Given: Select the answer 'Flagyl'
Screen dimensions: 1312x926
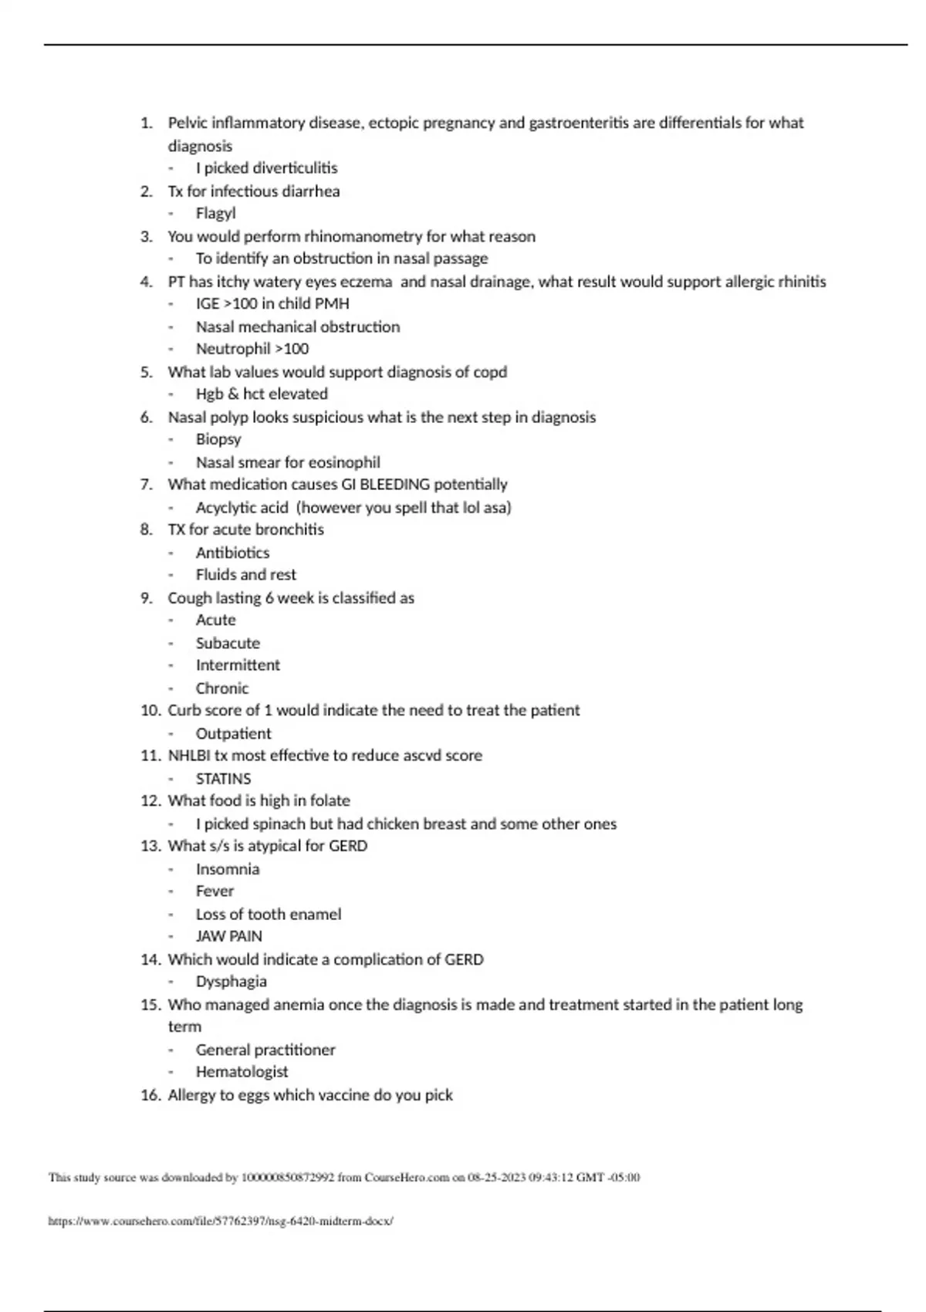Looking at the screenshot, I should (215, 213).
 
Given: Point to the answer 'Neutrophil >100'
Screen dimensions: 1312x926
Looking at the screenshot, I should (252, 349).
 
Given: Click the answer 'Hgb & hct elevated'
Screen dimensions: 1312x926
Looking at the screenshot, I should (262, 394).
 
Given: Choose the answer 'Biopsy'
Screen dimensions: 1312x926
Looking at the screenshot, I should (218, 439).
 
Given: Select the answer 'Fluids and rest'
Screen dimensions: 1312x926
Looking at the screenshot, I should (245, 574).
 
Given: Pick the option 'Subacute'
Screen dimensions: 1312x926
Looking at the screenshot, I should (228, 643).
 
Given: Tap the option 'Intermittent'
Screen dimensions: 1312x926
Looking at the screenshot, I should (238, 664).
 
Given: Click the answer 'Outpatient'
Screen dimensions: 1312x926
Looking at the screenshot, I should (233, 733).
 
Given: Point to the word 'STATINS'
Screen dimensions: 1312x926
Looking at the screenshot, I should (223, 779).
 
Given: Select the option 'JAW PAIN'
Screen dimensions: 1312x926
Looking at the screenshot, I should (228, 936).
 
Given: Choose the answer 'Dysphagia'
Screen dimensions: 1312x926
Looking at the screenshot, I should (231, 981).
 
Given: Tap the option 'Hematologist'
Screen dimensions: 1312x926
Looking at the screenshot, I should (242, 1071).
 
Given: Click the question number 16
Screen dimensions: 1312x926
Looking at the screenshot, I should (149, 1095).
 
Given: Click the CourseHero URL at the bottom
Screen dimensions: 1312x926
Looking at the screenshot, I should (221, 1221).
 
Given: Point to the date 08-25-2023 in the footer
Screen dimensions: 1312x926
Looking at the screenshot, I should (497, 1178).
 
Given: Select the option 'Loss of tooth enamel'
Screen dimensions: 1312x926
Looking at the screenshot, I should (268, 914).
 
